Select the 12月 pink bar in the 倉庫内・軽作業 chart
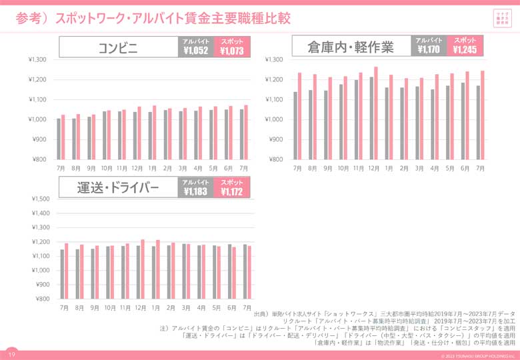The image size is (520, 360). pyautogui.click(x=375, y=113)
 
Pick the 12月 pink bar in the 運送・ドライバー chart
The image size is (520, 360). pyautogui.click(x=143, y=269)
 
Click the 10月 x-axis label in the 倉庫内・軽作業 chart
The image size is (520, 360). pyautogui.click(x=343, y=169)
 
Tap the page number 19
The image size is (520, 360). pyautogui.click(x=12, y=354)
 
